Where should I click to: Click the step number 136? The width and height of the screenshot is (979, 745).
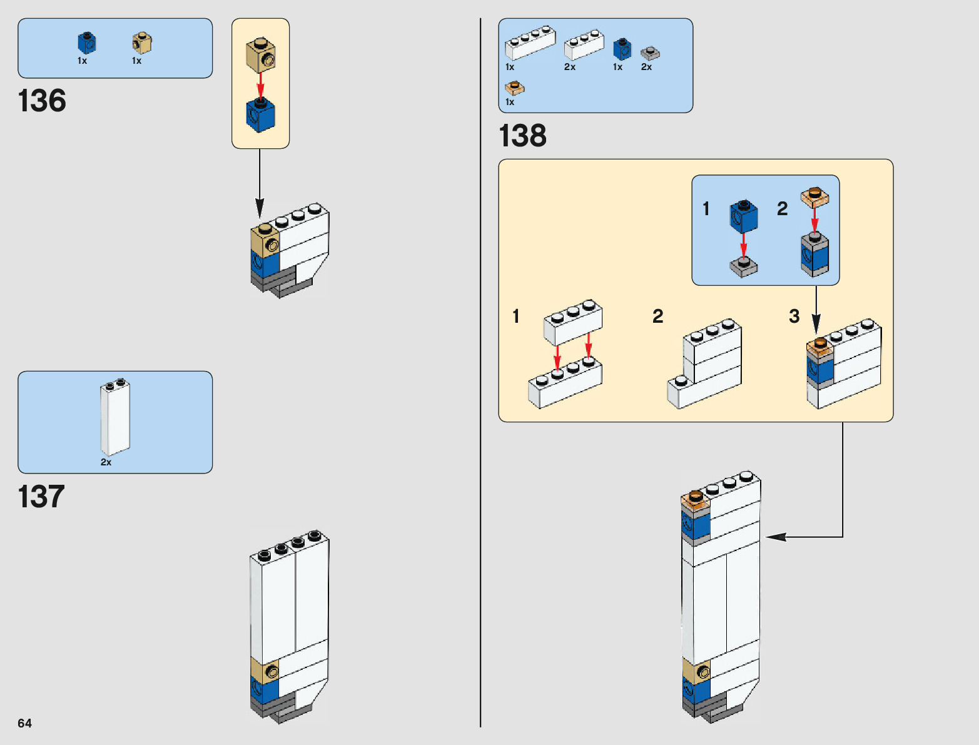(42, 101)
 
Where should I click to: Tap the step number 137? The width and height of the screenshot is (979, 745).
(41, 497)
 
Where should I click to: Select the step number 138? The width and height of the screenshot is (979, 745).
(522, 136)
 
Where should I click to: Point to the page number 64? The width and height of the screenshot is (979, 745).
(24, 723)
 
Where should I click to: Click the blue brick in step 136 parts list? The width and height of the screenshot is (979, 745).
(87, 43)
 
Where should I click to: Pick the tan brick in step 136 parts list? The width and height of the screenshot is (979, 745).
(142, 43)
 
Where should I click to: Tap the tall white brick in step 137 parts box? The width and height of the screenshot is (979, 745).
(115, 417)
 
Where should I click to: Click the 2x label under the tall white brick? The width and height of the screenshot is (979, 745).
(106, 462)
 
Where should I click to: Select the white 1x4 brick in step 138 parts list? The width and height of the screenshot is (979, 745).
(530, 43)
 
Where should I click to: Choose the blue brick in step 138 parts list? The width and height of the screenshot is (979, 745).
(622, 49)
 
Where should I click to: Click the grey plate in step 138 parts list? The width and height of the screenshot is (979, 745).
(650, 54)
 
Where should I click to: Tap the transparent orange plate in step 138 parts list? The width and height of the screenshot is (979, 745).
(515, 88)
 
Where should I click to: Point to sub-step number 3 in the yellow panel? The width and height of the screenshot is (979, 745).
(794, 317)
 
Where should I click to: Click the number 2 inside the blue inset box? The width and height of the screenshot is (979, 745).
(782, 209)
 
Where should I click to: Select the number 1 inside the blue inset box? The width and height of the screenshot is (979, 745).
(706, 209)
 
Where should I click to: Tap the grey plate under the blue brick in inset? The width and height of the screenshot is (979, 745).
(743, 266)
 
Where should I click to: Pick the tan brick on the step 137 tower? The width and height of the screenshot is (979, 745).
(265, 670)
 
